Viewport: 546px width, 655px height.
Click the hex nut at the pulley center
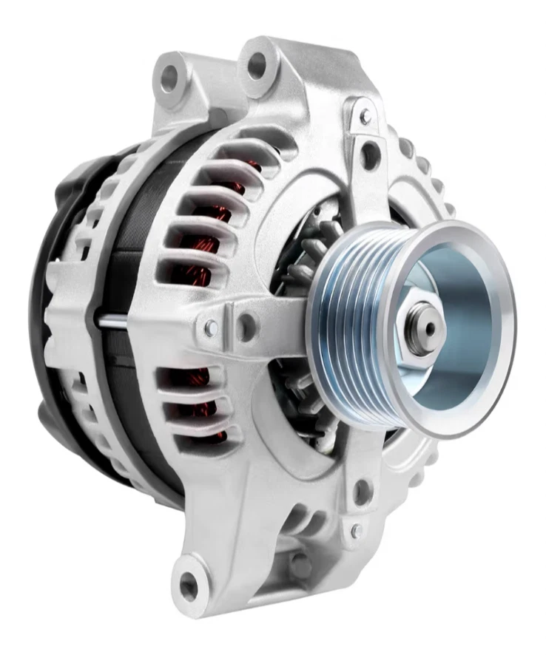point(419,326)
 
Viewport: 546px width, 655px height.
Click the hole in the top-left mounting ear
point(172,77)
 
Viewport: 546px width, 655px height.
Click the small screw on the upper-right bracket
point(364,116)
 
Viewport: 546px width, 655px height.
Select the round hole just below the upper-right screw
point(371,155)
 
